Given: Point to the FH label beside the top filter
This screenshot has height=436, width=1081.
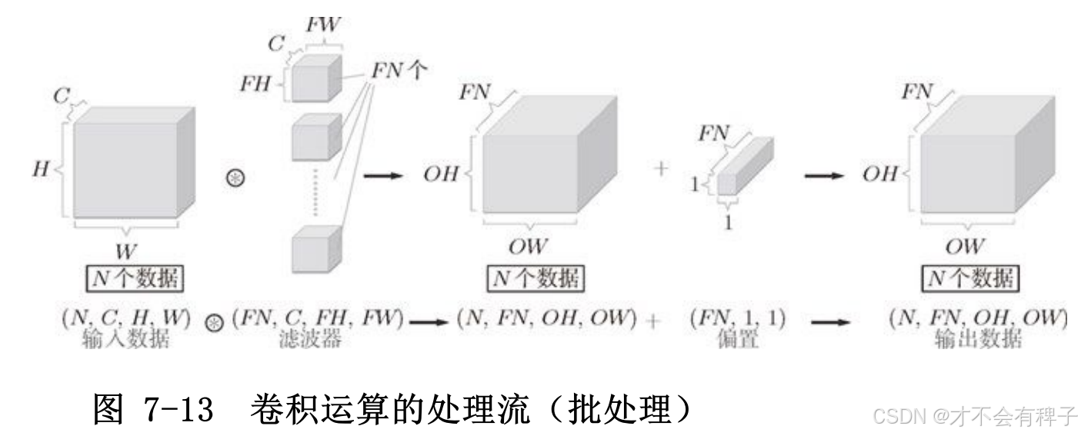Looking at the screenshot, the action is pos(255,84).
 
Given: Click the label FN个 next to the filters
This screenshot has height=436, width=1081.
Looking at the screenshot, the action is pos(400,72).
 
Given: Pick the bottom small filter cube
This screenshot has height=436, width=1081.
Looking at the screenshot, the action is pos(315,248).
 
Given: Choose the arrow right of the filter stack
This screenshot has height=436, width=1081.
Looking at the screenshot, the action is pos(382,175).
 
